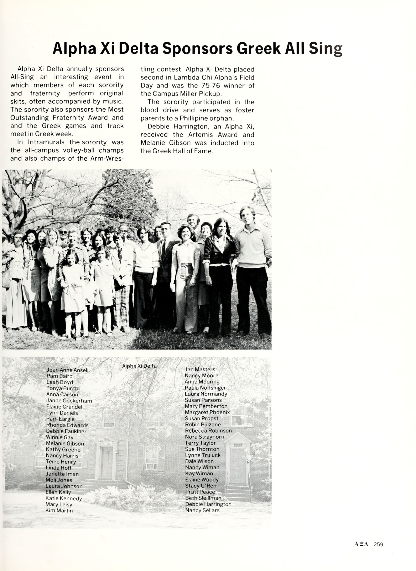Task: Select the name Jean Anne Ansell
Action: pyautogui.click(x=67, y=370)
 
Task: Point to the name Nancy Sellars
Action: pyautogui.click(x=202, y=510)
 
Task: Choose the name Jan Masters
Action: pyautogui.click(x=200, y=369)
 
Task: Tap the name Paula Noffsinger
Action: pyautogui.click(x=205, y=388)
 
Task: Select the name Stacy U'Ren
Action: pyautogui.click(x=201, y=486)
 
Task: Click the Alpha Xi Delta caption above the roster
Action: pyautogui.click(x=139, y=366)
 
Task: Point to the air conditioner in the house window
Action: pyautogui.click(x=151, y=466)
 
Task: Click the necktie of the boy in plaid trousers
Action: pyautogui.click(x=120, y=255)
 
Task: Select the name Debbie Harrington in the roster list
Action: pyautogui.click(x=208, y=504)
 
